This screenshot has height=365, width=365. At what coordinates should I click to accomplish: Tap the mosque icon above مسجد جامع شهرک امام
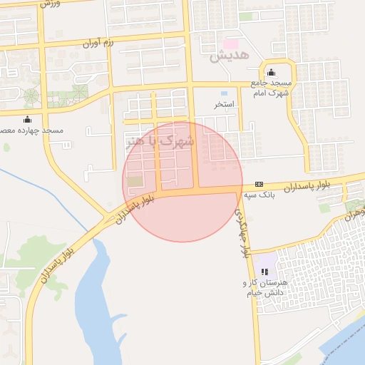271,73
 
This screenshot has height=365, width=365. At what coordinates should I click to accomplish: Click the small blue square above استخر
224,93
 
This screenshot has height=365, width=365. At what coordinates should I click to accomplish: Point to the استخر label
225,104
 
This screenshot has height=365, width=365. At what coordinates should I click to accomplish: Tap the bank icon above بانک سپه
259,184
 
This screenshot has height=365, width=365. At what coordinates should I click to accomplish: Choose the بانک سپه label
259,194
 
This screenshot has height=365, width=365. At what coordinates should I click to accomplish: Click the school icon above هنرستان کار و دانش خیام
264,272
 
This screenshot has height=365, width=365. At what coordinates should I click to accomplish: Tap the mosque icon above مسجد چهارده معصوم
27,119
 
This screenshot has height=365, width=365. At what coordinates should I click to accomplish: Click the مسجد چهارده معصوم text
31,130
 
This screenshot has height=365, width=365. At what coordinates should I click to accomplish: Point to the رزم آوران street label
100,43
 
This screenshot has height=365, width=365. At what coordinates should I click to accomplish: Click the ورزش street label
47,4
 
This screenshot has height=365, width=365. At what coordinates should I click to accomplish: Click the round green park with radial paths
31,95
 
